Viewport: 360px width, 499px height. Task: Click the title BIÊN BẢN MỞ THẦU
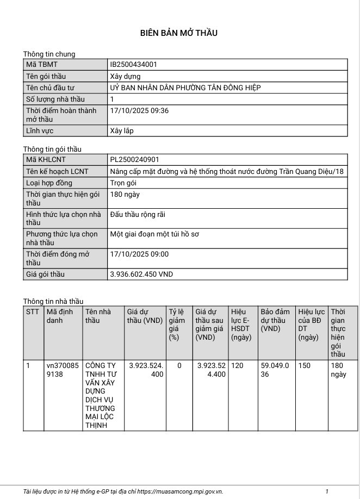[x=179, y=33]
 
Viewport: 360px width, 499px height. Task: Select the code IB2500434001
[x=134, y=65]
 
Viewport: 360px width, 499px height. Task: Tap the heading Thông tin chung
[x=49, y=54]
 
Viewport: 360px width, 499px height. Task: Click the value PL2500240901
[x=134, y=160]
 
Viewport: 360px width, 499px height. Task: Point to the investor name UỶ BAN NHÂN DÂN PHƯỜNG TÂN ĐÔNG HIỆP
[x=185, y=88]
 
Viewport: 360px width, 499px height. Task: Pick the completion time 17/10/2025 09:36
[x=139, y=111]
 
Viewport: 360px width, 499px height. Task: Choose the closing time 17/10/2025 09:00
[x=139, y=254]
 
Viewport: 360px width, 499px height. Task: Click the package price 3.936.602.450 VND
[x=141, y=275]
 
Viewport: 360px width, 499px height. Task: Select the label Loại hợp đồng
[x=49, y=183]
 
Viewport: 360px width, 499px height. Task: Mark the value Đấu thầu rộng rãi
[x=138, y=215]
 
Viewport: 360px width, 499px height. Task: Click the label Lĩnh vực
[x=40, y=131]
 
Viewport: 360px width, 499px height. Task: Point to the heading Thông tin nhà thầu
[x=53, y=301]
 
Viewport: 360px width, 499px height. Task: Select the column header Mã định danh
[x=60, y=316]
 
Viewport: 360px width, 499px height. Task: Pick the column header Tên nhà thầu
[x=98, y=316]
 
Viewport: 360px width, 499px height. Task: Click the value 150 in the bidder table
[x=304, y=366]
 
